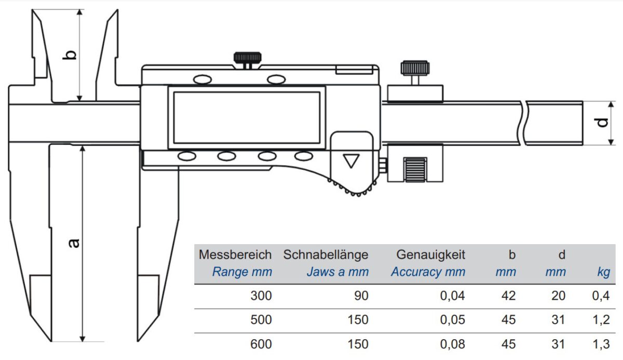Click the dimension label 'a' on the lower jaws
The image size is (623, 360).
click(x=74, y=243)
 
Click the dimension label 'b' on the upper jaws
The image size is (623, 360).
click(x=70, y=55)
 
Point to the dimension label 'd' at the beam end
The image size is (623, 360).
click(x=601, y=123)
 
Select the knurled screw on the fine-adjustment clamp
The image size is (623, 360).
click(x=415, y=68)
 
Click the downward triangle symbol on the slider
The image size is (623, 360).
click(x=351, y=162)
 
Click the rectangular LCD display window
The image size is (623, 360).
click(x=247, y=118)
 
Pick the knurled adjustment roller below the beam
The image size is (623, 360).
click(x=415, y=170)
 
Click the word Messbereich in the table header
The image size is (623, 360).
click(x=235, y=255)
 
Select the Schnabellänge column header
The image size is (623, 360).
click(x=326, y=255)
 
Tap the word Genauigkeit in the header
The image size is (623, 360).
click(x=431, y=255)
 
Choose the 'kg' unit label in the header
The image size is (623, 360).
click(x=603, y=272)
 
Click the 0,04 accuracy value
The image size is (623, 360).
click(x=453, y=296)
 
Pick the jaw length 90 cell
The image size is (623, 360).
click(x=361, y=296)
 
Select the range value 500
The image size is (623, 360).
click(x=261, y=319)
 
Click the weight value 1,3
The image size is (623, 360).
click(x=601, y=344)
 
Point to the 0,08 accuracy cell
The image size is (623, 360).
click(x=453, y=344)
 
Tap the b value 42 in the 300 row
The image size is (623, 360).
click(x=509, y=296)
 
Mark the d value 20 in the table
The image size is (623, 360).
click(x=559, y=296)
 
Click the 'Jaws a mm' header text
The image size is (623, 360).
click(x=337, y=272)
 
